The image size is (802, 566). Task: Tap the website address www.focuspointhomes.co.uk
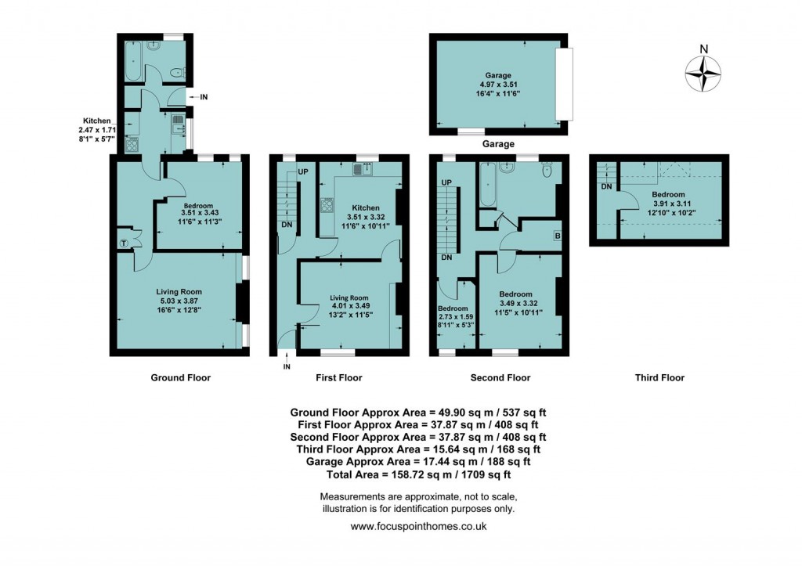point(418,527)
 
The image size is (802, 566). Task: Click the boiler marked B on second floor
point(556,236)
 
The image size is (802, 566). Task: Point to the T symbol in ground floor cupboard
point(123,243)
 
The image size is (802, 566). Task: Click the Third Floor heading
point(659,377)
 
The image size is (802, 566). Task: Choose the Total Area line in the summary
point(418,474)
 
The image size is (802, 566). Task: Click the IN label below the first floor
point(287,367)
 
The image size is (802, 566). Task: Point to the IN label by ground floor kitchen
point(204,97)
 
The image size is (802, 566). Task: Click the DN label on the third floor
point(605,186)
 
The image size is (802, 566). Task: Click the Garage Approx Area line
point(418,462)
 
